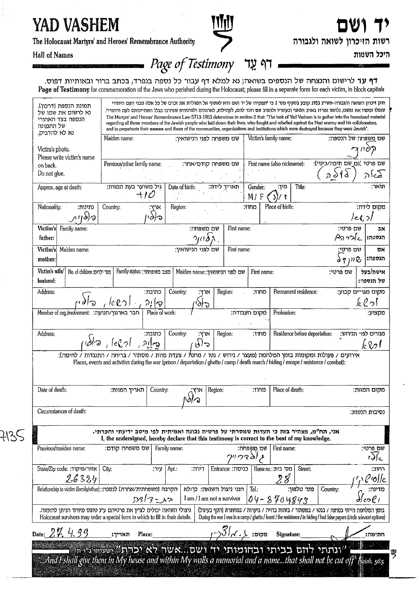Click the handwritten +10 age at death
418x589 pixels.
(146, 195)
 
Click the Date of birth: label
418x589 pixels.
(182, 187)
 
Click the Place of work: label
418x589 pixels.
(161, 313)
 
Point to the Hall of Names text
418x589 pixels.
(53, 55)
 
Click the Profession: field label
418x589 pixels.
(284, 313)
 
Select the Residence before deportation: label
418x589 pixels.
(302, 334)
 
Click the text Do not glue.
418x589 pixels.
(51, 173)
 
